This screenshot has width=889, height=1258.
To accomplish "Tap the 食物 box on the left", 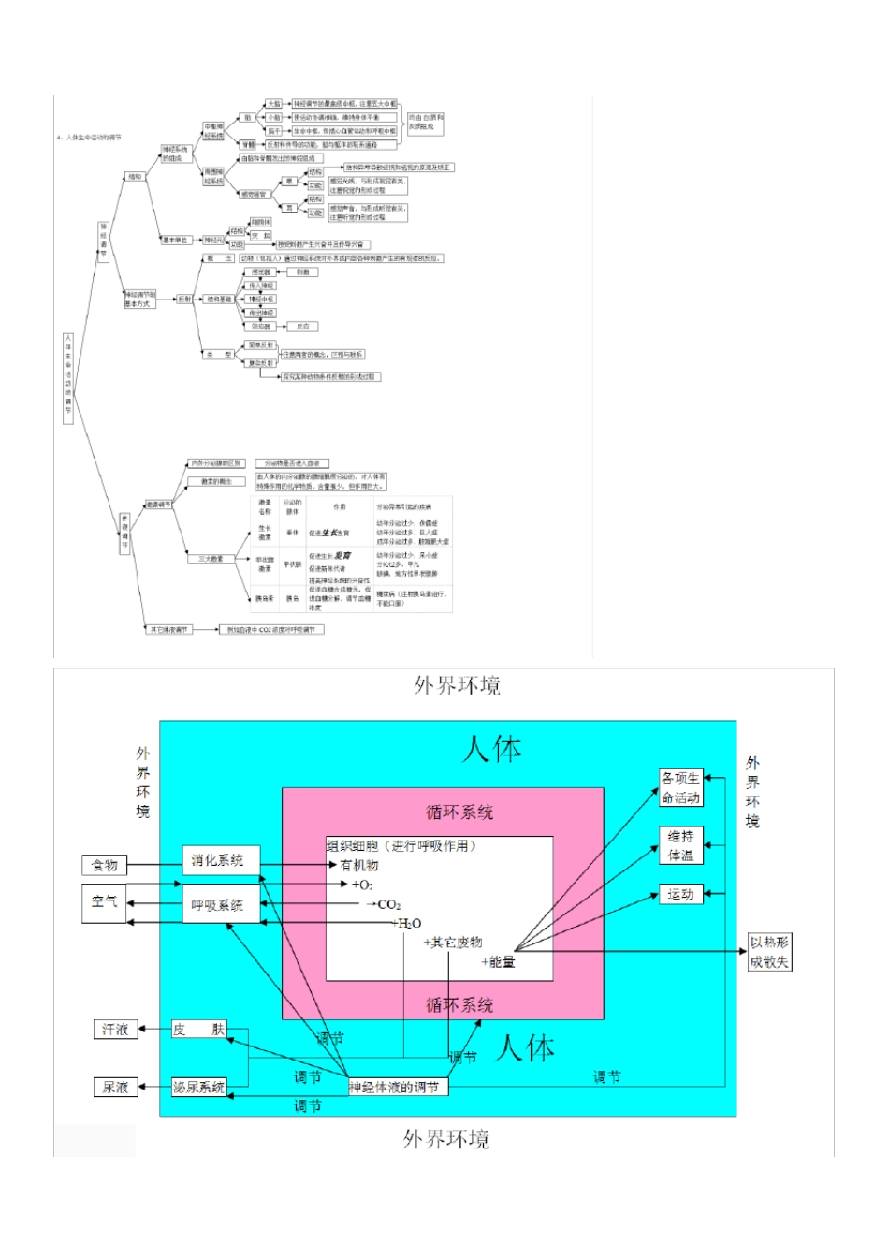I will click(x=104, y=866).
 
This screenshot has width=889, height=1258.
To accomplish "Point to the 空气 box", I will click(x=104, y=902).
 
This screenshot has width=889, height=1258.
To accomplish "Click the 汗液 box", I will click(x=115, y=1030).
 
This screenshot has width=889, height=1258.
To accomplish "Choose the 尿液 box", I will click(x=115, y=1087).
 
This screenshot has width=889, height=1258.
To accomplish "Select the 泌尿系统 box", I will click(x=198, y=1087).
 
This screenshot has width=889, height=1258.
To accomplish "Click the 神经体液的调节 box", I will click(x=396, y=1087).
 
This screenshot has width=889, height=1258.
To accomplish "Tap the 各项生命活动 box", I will click(x=681, y=788).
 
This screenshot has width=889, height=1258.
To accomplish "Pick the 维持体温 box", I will click(x=681, y=846).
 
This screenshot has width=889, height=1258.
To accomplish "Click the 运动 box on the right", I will click(x=681, y=894).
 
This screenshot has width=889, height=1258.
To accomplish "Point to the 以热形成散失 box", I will click(x=769, y=952).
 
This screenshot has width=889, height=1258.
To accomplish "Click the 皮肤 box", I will click(x=198, y=1030).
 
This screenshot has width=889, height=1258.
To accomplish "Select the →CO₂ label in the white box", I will click(x=383, y=904).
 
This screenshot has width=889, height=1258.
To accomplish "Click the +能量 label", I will click(x=498, y=961).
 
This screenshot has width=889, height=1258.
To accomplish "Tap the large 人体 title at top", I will click(x=491, y=749).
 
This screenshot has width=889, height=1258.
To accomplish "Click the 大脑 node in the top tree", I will click(x=274, y=104).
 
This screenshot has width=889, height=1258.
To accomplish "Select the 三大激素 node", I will click(x=211, y=559).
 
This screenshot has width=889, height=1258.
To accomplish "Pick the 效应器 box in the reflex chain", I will click(x=261, y=327).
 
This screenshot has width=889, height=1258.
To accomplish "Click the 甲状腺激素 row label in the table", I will click(x=265, y=565).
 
